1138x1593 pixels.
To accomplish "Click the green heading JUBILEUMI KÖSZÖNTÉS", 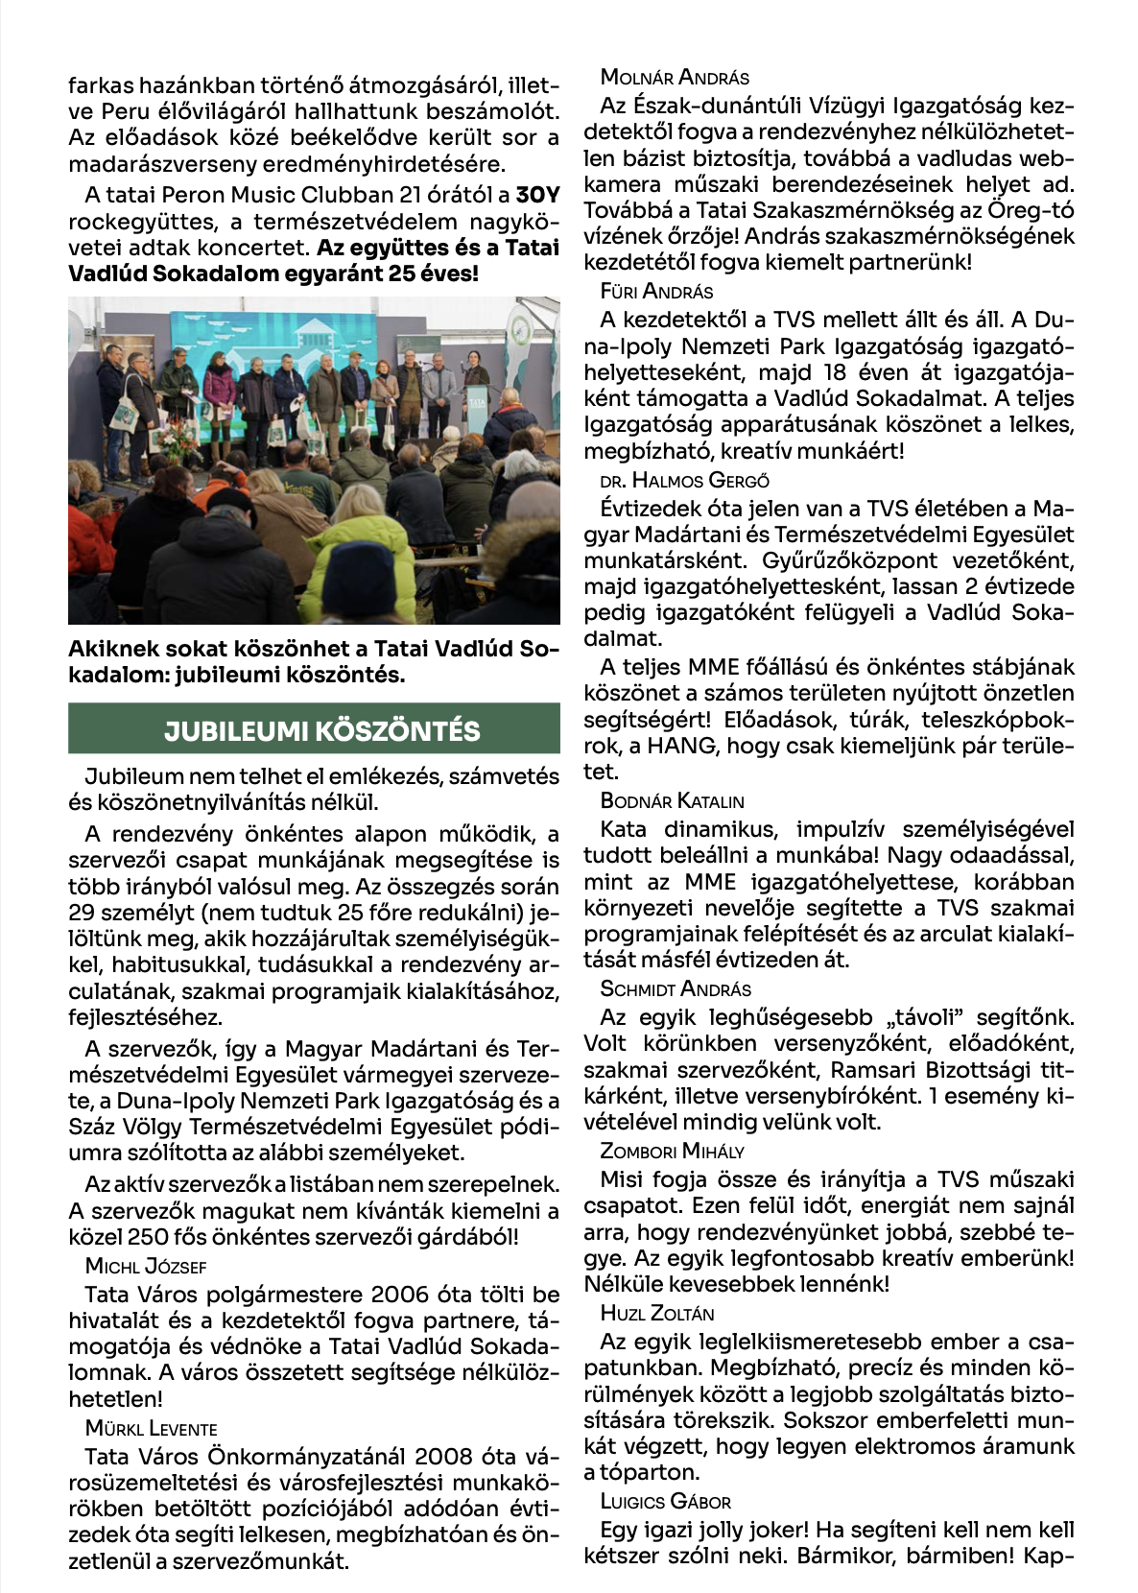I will (314, 729).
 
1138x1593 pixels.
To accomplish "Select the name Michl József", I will (146, 1266).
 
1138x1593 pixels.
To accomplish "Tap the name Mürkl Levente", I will (152, 1428).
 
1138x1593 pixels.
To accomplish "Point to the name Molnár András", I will (675, 78).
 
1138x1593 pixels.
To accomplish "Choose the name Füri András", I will (656, 291).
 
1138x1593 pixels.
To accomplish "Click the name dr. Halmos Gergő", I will (684, 480).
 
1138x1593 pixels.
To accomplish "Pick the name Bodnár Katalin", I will (672, 800).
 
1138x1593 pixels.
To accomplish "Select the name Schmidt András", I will (676, 988).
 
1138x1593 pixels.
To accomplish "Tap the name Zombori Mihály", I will (672, 1151).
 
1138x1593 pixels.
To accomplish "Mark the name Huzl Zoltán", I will (657, 1313).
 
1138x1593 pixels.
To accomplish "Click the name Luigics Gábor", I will (665, 1501).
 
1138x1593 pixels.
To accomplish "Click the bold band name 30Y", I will (537, 195).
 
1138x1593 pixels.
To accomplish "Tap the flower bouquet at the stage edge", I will (179, 441).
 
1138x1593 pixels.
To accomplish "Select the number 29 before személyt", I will (82, 913).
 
